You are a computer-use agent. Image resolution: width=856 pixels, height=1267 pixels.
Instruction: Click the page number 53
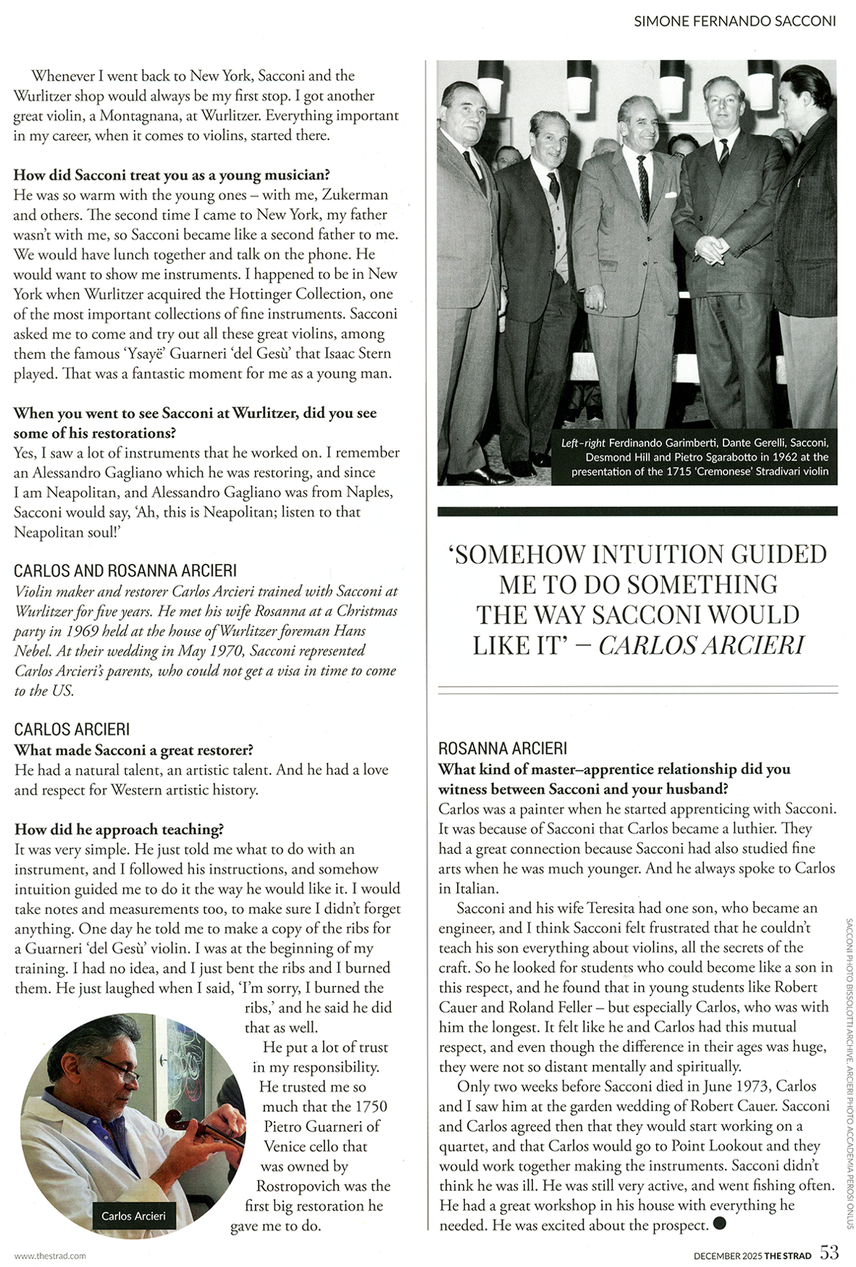(x=829, y=1252)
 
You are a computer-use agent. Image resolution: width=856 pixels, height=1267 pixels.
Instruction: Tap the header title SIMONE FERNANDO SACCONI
(x=734, y=21)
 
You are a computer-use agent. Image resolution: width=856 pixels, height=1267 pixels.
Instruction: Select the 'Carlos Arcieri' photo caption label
(x=133, y=1216)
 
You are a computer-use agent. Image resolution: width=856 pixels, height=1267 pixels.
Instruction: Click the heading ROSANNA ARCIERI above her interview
(x=502, y=748)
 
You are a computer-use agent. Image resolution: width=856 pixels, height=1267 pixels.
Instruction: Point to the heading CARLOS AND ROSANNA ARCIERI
(x=125, y=571)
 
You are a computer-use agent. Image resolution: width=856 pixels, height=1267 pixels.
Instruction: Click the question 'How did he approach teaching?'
(x=119, y=829)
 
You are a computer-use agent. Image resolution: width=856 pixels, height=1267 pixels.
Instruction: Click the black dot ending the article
(x=719, y=1222)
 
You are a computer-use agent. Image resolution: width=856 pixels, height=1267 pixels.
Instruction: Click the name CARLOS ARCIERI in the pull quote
(x=701, y=645)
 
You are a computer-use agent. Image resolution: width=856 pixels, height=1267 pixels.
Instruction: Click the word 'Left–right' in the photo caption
(x=583, y=443)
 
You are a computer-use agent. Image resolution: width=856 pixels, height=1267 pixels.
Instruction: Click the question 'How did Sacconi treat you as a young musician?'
(x=171, y=175)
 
